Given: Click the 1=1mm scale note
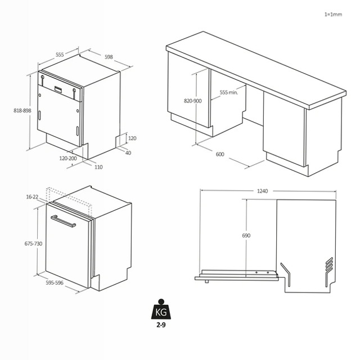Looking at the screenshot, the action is click(333, 15).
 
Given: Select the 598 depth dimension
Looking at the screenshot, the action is click(109, 57).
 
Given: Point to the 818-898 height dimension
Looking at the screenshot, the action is click(22, 110).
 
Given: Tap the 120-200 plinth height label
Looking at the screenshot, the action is click(68, 158).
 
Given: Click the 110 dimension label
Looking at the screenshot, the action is click(98, 167).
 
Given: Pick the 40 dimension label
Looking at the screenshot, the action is click(128, 152).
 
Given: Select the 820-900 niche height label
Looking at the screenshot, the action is click(192, 101).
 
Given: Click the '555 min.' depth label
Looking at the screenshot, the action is click(229, 92).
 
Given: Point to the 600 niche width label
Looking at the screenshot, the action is click(220, 154).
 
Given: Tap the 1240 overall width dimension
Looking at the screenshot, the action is click(262, 191).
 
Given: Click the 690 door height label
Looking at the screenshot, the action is click(246, 236).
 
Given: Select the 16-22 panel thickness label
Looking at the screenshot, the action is click(32, 197).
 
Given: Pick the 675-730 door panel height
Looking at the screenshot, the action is click(33, 244).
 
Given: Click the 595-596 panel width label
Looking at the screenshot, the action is click(55, 282).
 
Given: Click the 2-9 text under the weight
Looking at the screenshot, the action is click(161, 325).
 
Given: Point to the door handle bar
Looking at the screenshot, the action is click(63, 221).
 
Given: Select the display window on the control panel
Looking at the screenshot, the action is click(58, 89).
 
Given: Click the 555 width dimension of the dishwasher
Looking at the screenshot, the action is click(60, 55).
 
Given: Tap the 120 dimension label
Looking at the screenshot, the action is click(132, 138).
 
